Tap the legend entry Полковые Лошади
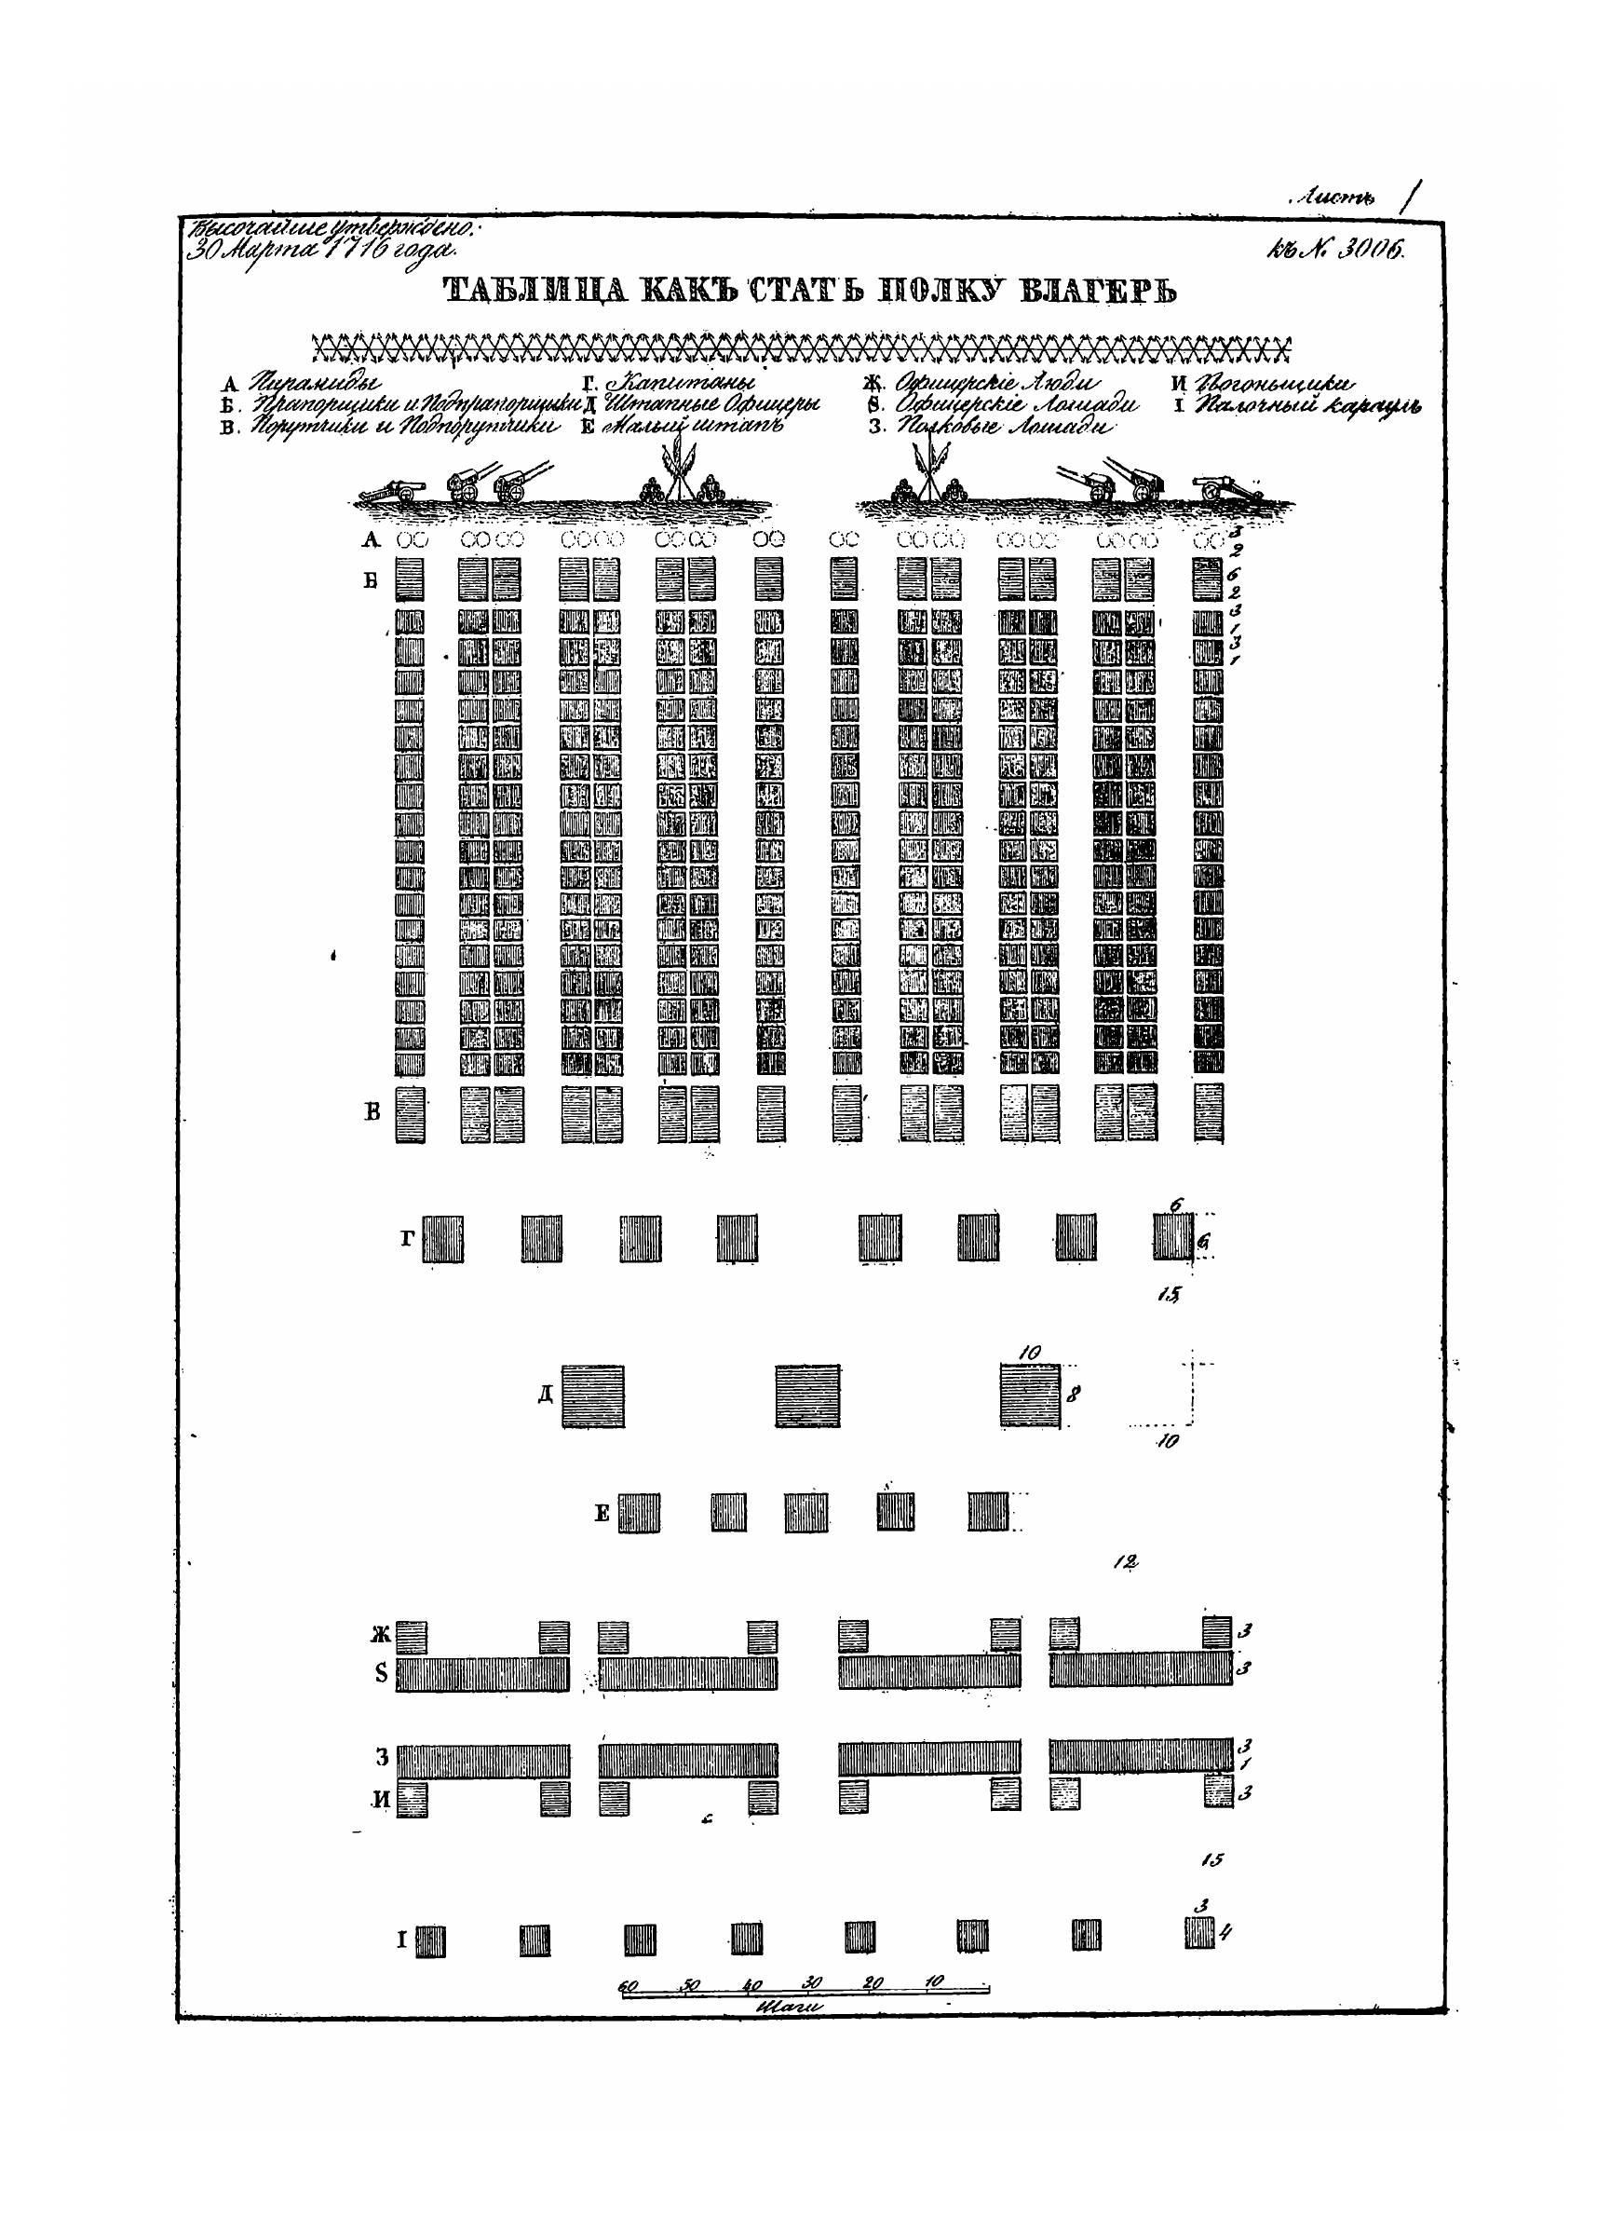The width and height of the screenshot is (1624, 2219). pyautogui.click(x=1003, y=428)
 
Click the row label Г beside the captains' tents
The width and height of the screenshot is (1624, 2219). pyautogui.click(x=408, y=1238)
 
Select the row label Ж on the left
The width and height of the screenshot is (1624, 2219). pyautogui.click(x=381, y=1635)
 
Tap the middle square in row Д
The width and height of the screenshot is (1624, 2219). pyautogui.click(x=807, y=1395)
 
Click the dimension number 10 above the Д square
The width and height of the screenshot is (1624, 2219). pyautogui.click(x=1029, y=1353)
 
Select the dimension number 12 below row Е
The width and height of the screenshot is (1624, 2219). pyautogui.click(x=1126, y=1561)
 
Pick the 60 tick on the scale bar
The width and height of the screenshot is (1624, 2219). pyautogui.click(x=629, y=1985)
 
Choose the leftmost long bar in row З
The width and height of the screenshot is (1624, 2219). pyautogui.click(x=481, y=1761)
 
